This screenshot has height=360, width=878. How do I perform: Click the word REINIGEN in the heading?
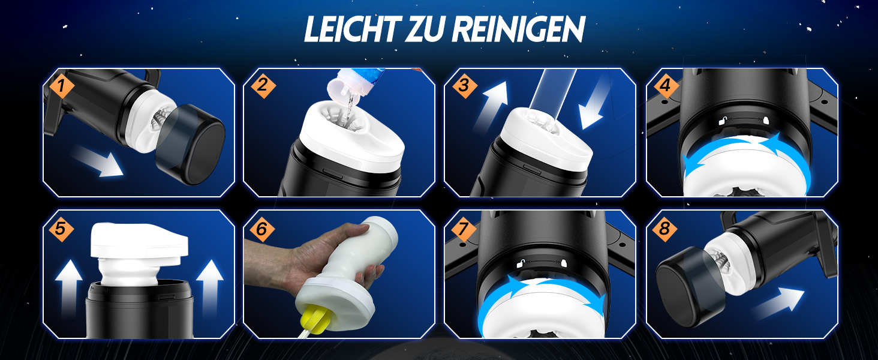pyautogui.click(x=519, y=29)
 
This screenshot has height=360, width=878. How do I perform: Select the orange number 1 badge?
pyautogui.click(x=61, y=85)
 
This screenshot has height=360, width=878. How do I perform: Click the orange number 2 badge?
pyautogui.click(x=262, y=85)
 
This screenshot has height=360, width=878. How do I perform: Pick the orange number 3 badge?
pyautogui.click(x=464, y=85)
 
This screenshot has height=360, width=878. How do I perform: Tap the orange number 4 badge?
pyautogui.click(x=665, y=85)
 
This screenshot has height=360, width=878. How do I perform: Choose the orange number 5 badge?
pyautogui.click(x=61, y=228)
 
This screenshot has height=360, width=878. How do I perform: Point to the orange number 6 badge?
pyautogui.click(x=261, y=228)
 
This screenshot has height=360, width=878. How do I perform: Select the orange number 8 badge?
pyautogui.click(x=665, y=228)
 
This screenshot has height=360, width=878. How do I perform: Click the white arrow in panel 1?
pyautogui.click(x=97, y=161)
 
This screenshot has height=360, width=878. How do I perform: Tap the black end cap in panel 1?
pyautogui.click(x=191, y=144)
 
